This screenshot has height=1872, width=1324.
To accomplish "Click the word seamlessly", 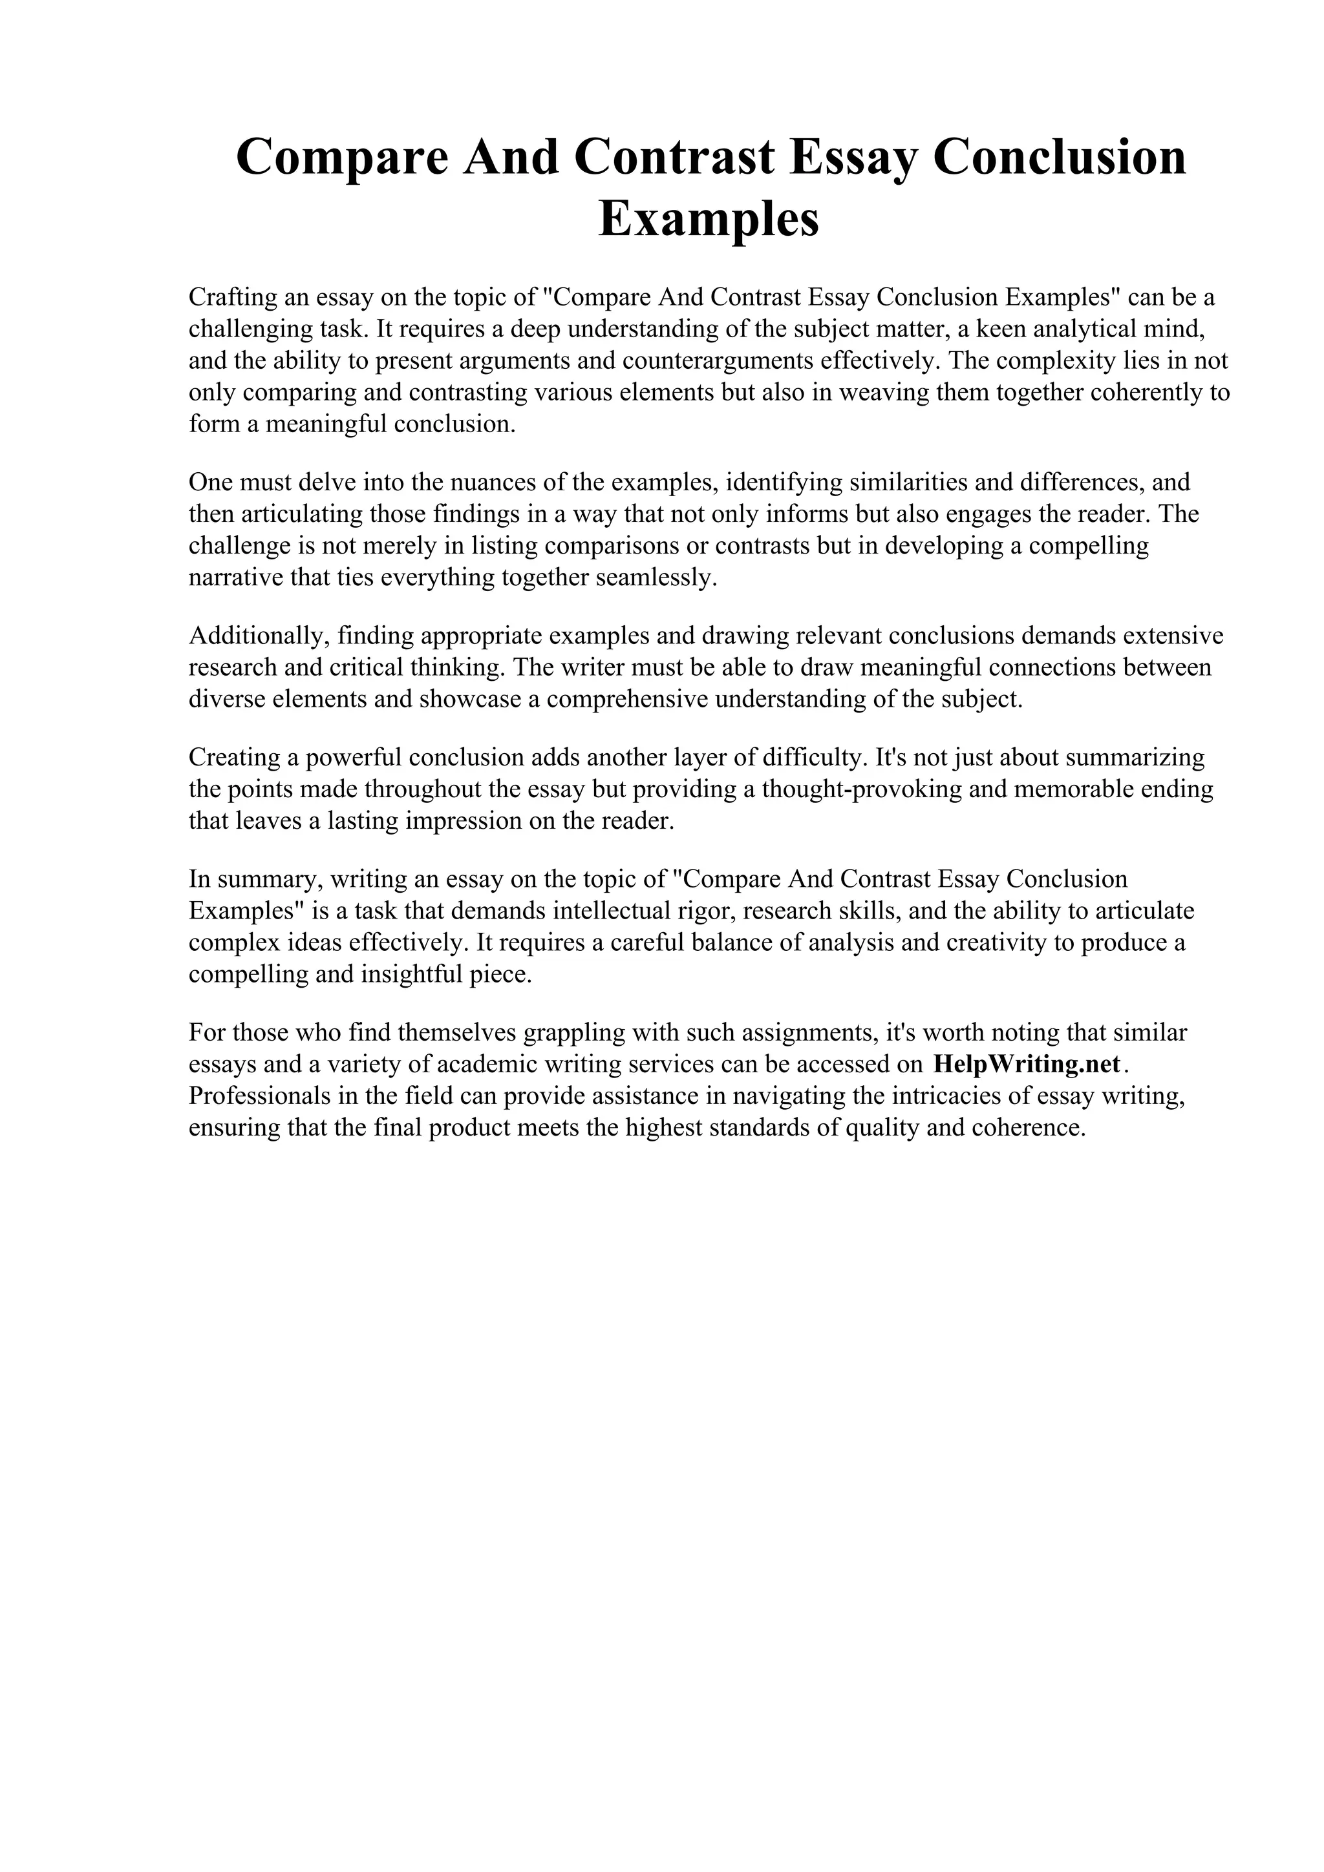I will (657, 577).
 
